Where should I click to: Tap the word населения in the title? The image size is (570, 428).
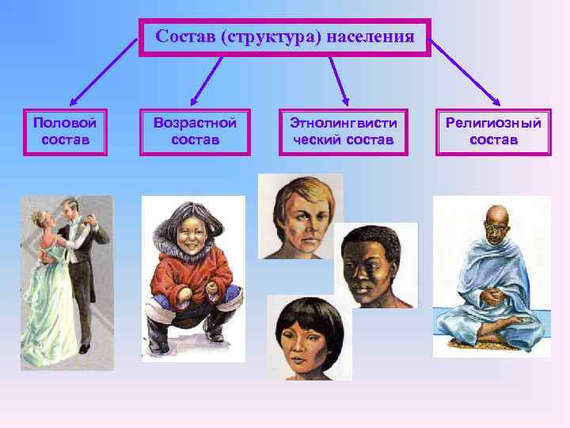pyautogui.click(x=373, y=36)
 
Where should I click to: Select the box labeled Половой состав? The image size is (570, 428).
pyautogui.click(x=65, y=132)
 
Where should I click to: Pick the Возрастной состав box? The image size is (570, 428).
pyautogui.click(x=196, y=132)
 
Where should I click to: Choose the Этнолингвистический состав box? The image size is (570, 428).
pyautogui.click(x=343, y=132)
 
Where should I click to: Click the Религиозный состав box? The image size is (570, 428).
pyautogui.click(x=493, y=132)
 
